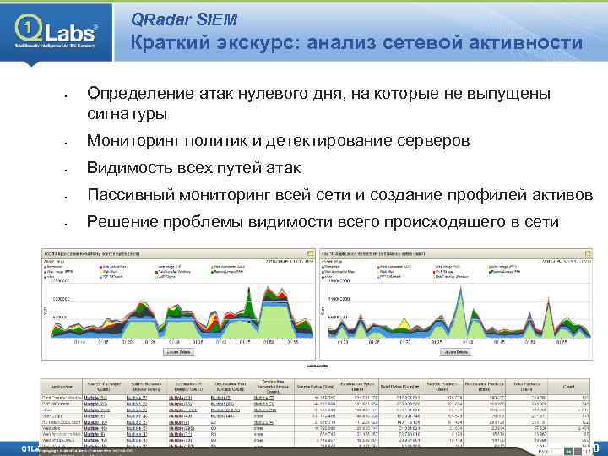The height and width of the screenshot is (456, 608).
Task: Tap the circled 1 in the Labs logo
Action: [x=28, y=30]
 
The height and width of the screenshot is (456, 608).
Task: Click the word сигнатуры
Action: [x=127, y=113]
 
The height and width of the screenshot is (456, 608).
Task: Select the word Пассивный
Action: [x=136, y=195]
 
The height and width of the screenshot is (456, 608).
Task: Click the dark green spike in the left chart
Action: [x=250, y=296]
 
